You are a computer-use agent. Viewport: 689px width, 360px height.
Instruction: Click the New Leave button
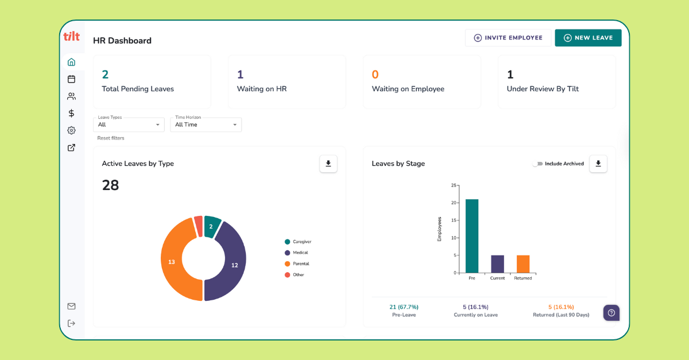588,38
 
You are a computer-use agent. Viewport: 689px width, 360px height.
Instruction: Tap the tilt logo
71,36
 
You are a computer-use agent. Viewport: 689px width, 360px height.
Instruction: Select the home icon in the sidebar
71,62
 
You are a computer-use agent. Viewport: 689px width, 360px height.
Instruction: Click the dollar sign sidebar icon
71,113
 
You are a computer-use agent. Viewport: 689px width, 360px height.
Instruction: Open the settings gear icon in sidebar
71,130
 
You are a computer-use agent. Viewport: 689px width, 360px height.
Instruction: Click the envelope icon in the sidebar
71,306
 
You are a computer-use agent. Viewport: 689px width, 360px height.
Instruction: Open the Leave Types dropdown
129,125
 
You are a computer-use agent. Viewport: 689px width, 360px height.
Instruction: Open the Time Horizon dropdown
206,125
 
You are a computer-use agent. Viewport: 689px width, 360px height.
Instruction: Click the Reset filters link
111,138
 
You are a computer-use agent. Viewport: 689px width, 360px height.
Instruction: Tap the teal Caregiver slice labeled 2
211,226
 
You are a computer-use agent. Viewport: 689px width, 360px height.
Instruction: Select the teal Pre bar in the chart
472,235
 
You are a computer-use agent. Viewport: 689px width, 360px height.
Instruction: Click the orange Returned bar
523,264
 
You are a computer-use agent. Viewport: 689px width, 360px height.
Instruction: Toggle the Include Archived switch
537,164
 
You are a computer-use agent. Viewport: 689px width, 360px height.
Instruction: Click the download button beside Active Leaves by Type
328,164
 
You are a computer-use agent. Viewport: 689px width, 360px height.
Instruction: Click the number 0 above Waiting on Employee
375,75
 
